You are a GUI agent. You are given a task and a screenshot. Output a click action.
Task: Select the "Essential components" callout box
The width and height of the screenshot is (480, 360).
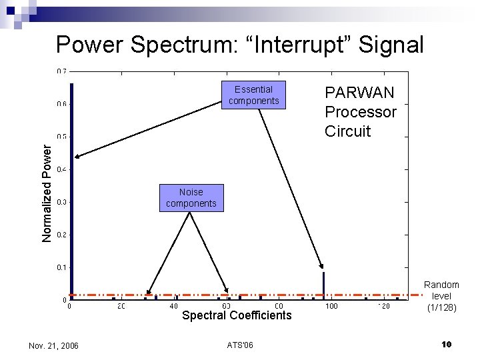253,95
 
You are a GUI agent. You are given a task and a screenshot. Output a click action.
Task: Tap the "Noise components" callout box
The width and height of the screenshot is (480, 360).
191,197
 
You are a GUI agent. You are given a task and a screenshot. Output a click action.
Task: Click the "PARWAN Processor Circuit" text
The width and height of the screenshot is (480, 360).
360,111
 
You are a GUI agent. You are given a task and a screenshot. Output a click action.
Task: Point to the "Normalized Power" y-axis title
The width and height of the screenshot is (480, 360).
47,193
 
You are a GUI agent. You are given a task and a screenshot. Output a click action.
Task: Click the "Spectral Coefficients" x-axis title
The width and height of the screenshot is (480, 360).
237,315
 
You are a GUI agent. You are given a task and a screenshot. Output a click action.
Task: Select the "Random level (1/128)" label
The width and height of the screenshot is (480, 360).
441,296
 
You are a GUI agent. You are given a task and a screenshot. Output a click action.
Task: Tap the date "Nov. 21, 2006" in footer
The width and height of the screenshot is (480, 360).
54,345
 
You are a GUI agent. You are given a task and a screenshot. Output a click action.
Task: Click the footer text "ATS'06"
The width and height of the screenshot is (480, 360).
240,345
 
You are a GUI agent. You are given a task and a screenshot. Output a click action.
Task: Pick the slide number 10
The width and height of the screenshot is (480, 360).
446,344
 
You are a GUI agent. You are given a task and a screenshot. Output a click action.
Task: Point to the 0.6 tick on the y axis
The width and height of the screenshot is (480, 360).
61,104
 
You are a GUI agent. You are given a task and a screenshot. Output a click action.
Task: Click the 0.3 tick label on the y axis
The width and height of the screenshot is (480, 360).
61,202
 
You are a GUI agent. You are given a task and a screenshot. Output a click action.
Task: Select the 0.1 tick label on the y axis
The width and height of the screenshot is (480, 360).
61,267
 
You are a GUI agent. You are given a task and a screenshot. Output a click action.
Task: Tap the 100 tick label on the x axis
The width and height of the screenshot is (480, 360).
331,306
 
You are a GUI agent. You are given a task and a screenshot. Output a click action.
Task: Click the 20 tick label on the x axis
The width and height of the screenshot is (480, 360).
121,306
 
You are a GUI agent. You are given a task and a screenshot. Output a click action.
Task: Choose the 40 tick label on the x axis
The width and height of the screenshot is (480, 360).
174,306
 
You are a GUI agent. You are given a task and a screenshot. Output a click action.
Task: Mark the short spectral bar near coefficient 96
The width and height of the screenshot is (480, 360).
323,284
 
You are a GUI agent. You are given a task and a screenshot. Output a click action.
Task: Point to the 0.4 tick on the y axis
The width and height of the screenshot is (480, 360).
61,169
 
